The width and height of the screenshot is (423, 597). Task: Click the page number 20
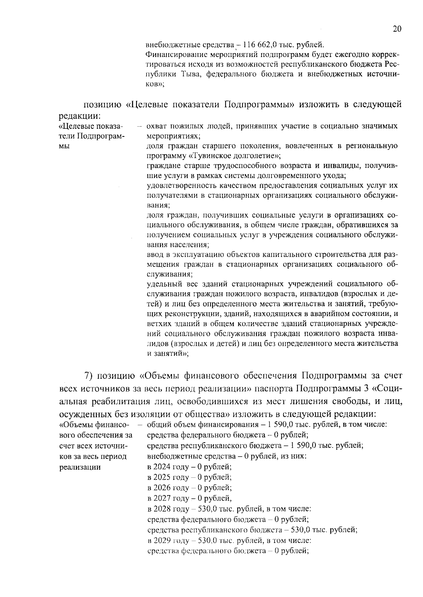click(397, 29)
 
